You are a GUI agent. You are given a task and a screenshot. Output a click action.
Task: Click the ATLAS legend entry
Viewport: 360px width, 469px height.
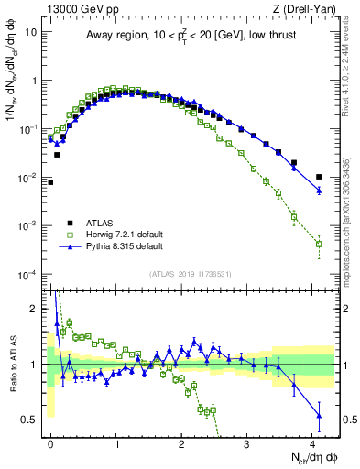[x=102, y=222]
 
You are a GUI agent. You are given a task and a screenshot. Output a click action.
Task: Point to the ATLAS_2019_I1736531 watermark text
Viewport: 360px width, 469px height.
[x=191, y=274]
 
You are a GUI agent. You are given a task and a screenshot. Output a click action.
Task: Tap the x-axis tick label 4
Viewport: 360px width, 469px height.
[x=312, y=442]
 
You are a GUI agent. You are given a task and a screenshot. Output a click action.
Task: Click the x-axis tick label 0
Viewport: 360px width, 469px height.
[x=50, y=442]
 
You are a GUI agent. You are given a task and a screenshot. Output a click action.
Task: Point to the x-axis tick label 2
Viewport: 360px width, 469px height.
[x=181, y=442]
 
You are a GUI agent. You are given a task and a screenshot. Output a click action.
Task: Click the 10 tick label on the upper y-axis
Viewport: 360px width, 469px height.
[x=32, y=32]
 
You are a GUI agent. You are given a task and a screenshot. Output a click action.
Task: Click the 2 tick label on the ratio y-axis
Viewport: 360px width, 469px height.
[x=35, y=309]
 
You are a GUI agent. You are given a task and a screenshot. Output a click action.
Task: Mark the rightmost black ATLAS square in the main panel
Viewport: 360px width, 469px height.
[x=319, y=177]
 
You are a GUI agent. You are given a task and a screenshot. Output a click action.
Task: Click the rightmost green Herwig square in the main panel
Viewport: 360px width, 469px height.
[x=319, y=244]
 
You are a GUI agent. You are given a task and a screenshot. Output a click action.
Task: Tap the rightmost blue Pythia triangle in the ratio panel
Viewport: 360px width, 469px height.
[x=319, y=416]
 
